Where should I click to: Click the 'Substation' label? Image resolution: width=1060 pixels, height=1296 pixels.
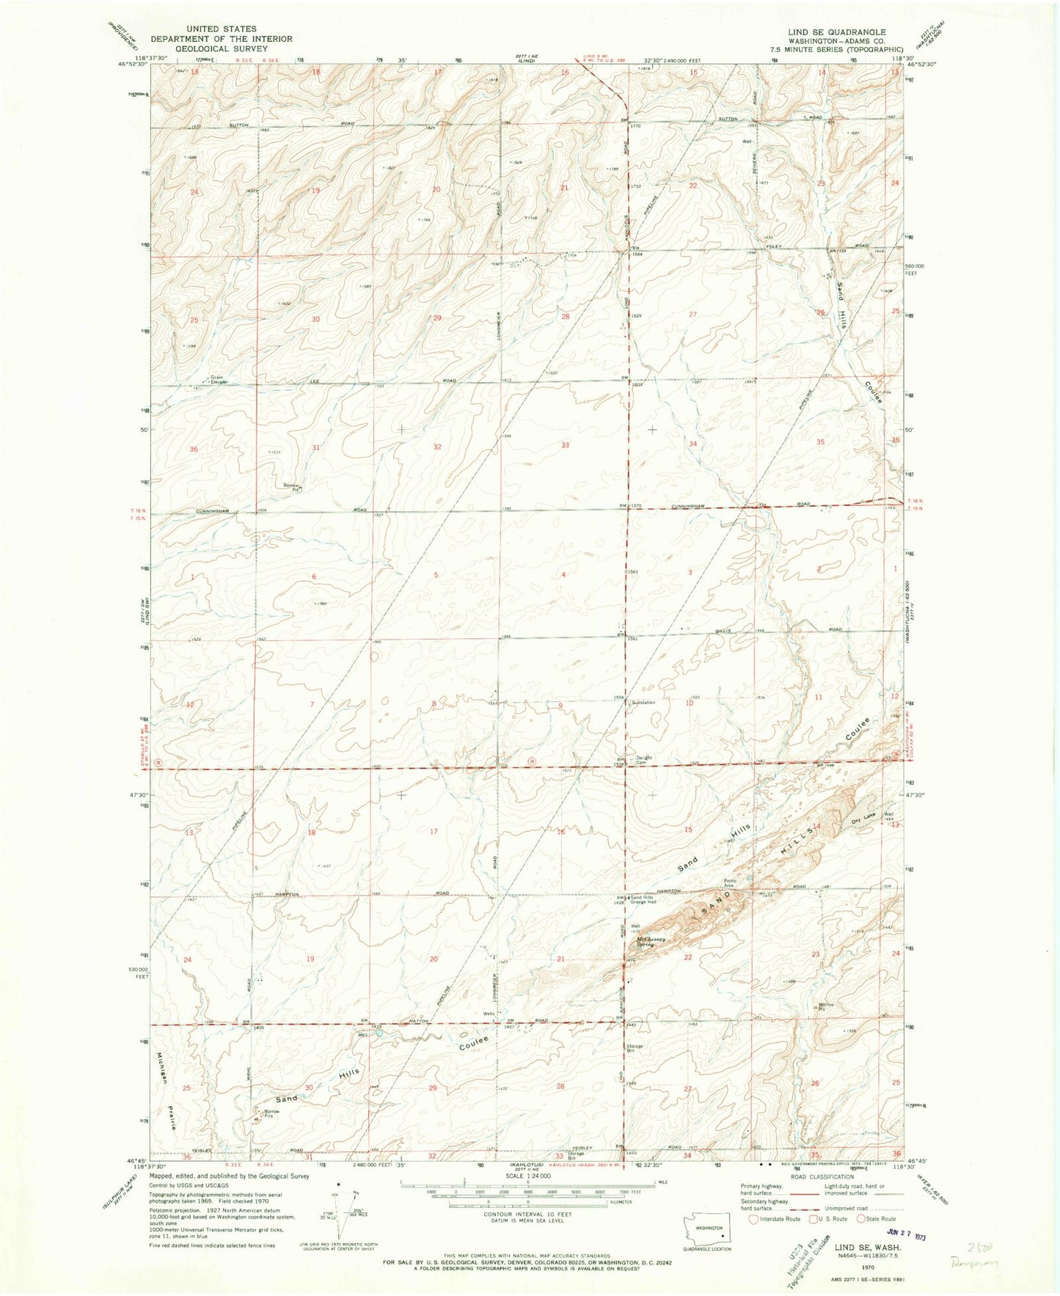point(640,703)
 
